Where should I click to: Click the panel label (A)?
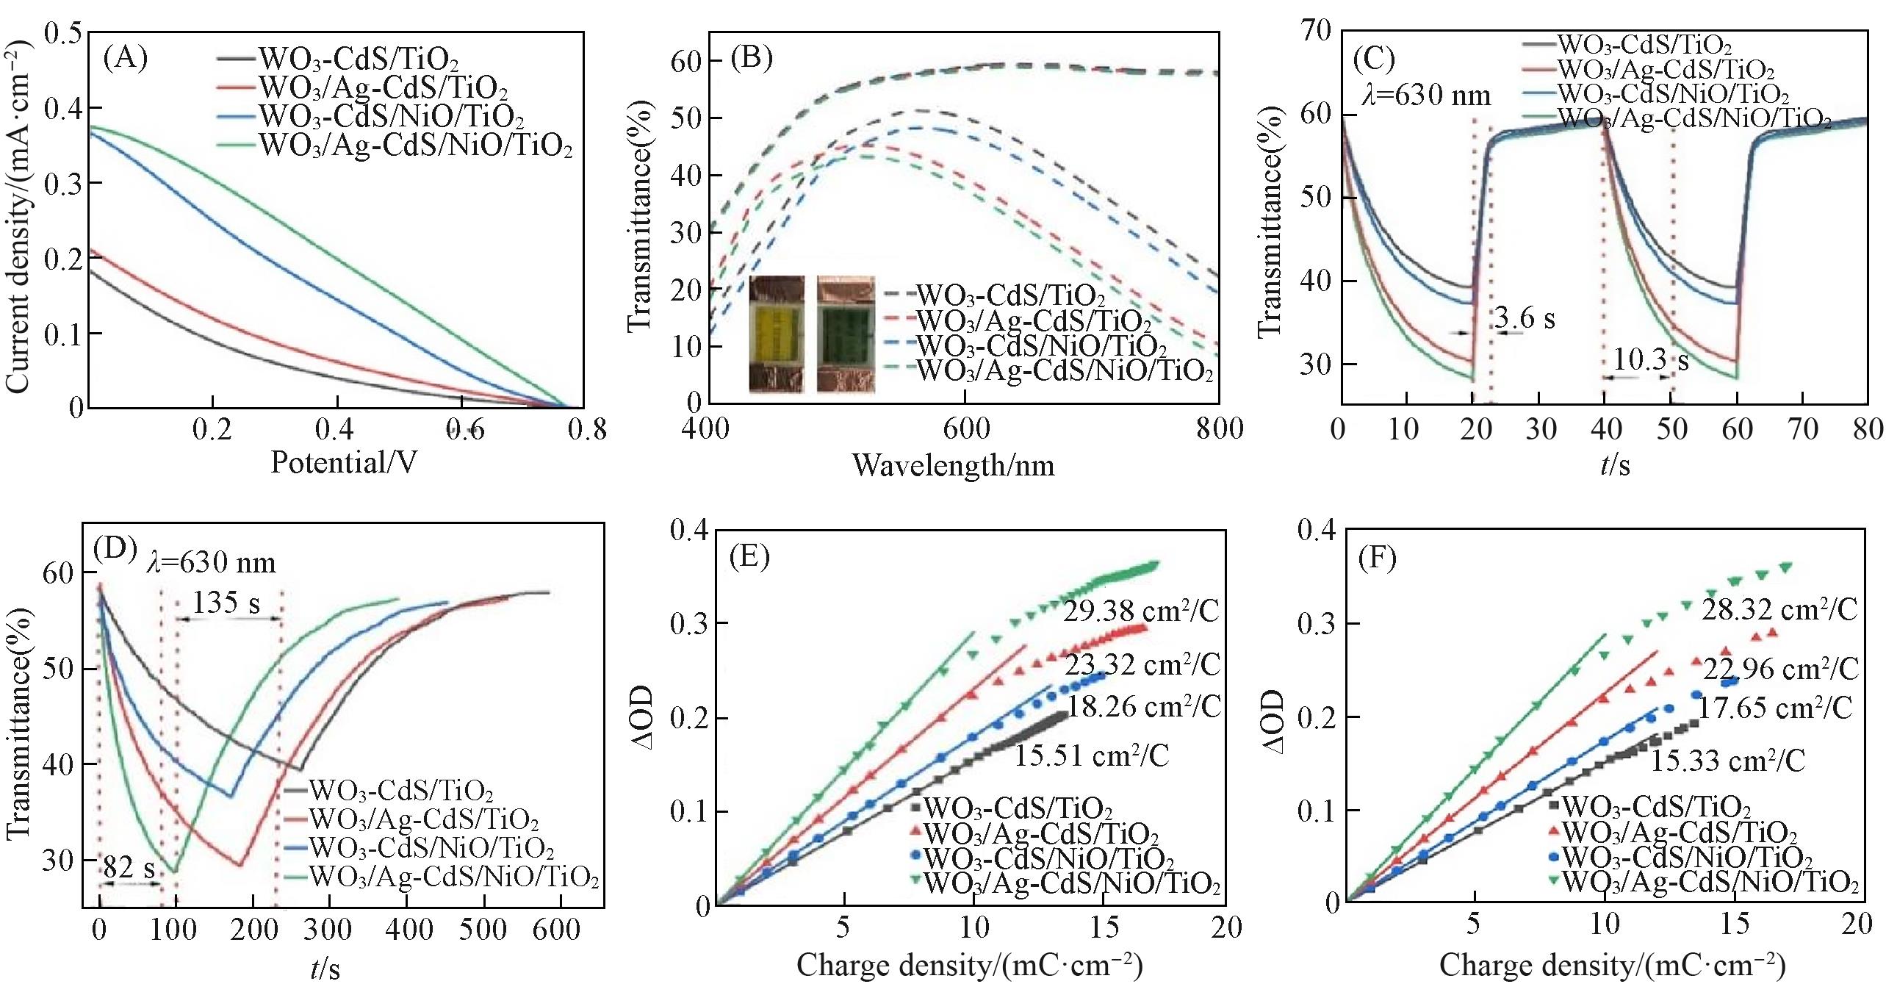click(126, 57)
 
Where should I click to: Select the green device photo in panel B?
click(846, 334)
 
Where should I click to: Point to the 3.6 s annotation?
click(1525, 318)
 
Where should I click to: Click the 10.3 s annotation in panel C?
click(1650, 360)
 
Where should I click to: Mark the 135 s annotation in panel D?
click(226, 603)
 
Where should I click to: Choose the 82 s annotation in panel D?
click(129, 868)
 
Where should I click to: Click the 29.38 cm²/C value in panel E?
click(1140, 610)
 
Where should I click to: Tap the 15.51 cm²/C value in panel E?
click(1092, 755)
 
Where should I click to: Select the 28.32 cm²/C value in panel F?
click(1779, 609)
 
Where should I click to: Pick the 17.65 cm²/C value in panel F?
click(1775, 708)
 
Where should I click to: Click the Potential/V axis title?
click(344, 462)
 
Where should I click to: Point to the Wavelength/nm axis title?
click(953, 465)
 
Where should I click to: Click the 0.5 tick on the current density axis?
click(63, 33)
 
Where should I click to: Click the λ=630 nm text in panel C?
click(1426, 96)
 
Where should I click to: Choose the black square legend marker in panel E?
click(915, 807)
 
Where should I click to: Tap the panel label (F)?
click(1376, 559)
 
